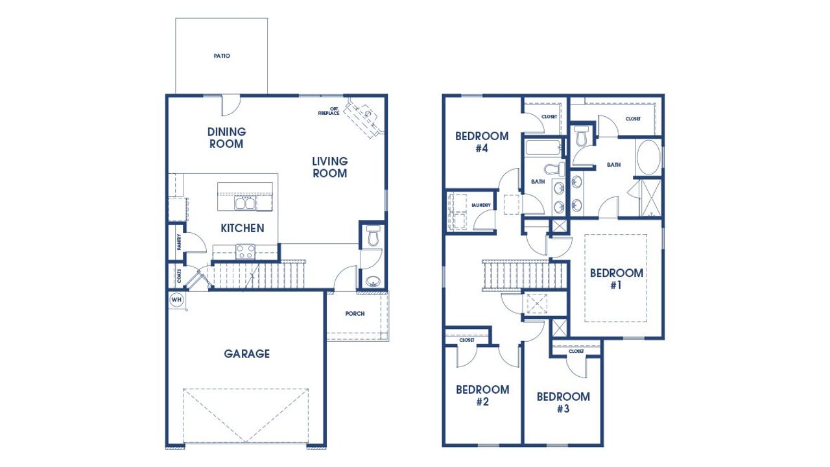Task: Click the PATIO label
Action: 222,56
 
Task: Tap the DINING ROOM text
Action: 226,138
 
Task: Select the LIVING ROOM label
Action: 329,167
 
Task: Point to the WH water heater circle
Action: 176,300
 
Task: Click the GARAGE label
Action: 246,354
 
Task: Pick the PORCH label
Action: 355,314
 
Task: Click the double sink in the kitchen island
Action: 245,204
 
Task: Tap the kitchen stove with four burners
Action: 245,251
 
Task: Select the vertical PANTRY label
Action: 178,241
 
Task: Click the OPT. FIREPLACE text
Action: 329,111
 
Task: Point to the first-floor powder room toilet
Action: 372,235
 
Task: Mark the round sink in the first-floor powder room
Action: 372,281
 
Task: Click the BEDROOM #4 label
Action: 481,142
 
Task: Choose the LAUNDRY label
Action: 481,206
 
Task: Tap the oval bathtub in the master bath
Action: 648,158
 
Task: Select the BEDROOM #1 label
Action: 616,278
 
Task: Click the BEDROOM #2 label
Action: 482,396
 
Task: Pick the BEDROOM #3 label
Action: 563,402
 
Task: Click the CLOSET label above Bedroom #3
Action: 576,351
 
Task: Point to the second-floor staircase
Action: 516,275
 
